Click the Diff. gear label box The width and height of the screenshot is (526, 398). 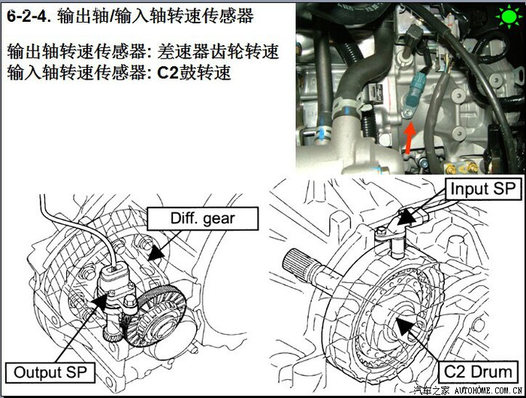203,219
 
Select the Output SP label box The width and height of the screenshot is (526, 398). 50,372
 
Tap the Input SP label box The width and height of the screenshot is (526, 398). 483,189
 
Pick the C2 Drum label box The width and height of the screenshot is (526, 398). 477,372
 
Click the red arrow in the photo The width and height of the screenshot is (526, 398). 409,138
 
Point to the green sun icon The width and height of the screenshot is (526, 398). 509,17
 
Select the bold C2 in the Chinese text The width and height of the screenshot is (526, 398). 168,72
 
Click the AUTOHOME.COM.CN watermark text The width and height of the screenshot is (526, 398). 488,390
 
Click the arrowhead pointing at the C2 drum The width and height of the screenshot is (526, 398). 404,326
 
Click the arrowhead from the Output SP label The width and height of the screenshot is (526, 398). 100,301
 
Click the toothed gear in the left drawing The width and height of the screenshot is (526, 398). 158,317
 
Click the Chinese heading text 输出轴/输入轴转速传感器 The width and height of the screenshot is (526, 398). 156,16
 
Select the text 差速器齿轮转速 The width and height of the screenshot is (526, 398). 218,52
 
